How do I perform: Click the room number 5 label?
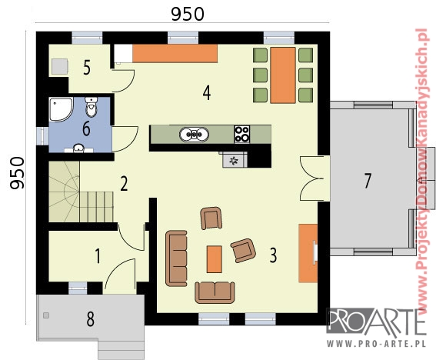click(87, 68)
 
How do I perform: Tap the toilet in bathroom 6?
click(91, 107)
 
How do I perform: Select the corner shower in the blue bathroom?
click(62, 109)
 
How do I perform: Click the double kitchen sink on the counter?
click(194, 135)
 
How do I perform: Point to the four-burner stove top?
click(242, 134)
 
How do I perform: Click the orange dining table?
click(283, 75)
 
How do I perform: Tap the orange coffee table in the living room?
click(215, 259)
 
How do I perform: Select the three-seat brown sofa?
click(176, 258)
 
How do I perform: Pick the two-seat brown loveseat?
click(215, 292)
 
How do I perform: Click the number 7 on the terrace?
click(368, 181)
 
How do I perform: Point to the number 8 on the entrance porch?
click(91, 318)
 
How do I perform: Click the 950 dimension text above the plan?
click(188, 14)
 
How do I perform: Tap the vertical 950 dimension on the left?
click(17, 173)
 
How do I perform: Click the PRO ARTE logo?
click(376, 323)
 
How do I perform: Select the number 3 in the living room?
click(273, 255)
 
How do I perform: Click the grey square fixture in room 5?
click(60, 66)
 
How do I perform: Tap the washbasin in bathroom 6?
click(79, 148)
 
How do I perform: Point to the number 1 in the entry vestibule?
click(98, 256)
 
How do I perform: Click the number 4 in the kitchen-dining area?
click(207, 92)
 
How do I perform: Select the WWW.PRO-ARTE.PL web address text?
click(376, 344)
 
